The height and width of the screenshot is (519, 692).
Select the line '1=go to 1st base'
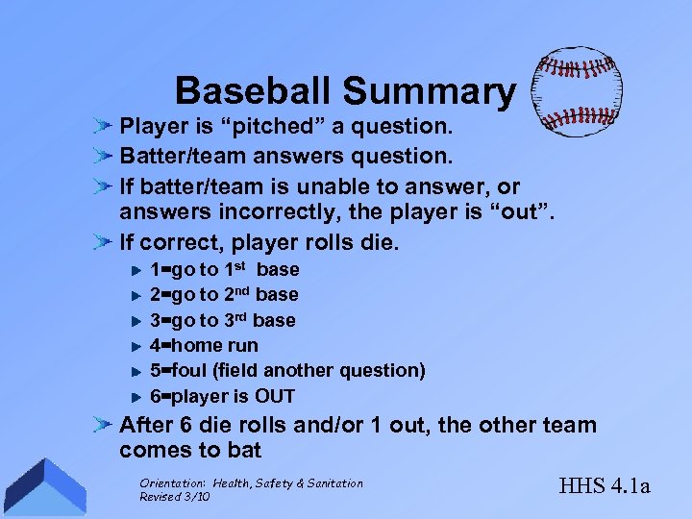225,270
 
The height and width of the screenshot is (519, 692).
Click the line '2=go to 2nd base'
225,295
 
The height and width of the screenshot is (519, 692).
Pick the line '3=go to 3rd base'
223,320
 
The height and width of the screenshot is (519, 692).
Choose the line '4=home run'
205,345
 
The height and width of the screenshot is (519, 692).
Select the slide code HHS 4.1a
603,486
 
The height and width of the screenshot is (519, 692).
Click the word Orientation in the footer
172,483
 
